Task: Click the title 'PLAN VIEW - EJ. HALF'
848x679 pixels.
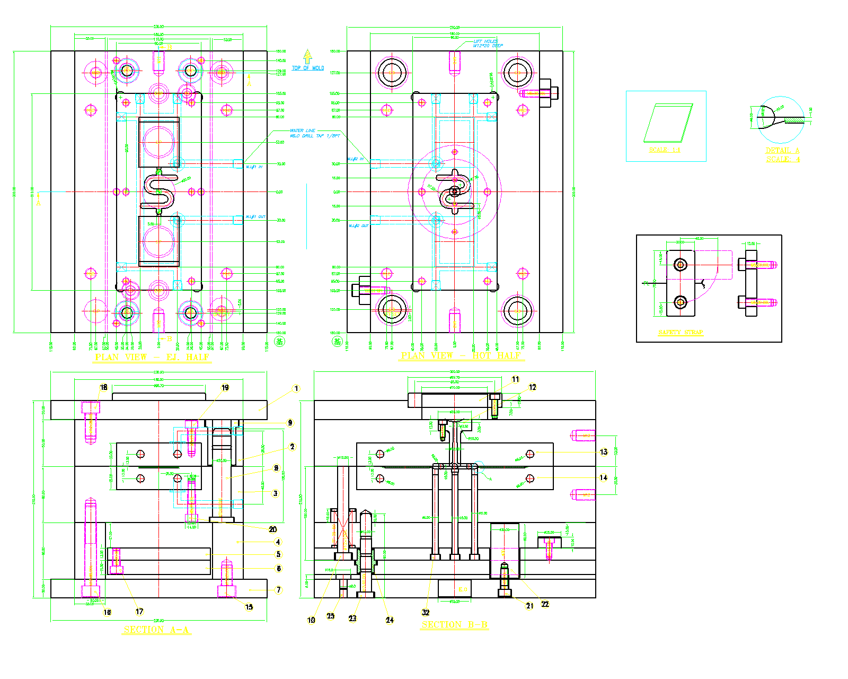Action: click(x=153, y=358)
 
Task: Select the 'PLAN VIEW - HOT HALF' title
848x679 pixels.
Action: click(x=461, y=356)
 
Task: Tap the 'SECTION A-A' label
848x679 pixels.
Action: click(x=156, y=630)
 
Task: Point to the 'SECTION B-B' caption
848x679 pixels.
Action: click(x=455, y=625)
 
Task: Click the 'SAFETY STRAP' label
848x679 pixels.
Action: click(x=681, y=333)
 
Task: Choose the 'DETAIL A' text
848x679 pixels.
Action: click(x=782, y=150)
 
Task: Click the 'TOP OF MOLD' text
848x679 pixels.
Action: click(x=308, y=68)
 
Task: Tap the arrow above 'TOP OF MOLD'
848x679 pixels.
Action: click(x=307, y=56)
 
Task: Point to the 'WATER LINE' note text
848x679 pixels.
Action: click(x=303, y=130)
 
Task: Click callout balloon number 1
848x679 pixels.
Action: click(x=296, y=389)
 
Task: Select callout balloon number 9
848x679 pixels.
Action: click(x=290, y=423)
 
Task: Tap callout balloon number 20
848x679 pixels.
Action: click(x=273, y=529)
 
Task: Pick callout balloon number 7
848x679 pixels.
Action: click(x=279, y=590)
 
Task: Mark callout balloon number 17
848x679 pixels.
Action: click(x=139, y=612)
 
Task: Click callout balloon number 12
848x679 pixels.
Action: click(x=533, y=387)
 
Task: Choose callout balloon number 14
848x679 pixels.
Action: click(x=604, y=477)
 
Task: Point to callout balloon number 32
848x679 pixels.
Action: click(x=426, y=612)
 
